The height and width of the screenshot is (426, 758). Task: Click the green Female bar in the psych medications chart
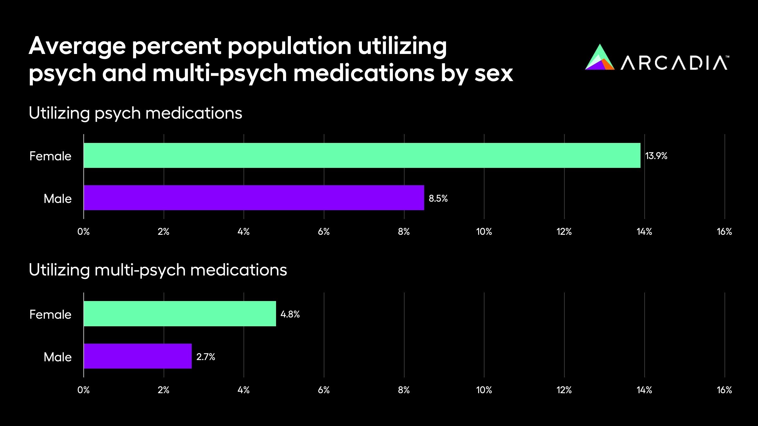tap(362, 155)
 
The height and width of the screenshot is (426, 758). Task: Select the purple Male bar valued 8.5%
tap(254, 198)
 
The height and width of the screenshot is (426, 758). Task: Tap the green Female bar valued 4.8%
tap(180, 314)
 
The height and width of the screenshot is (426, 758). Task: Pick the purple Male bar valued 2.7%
tap(138, 356)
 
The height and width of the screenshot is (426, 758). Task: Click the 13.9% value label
tap(656, 156)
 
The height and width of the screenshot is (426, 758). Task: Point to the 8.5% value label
tap(438, 198)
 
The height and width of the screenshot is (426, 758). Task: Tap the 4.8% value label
tap(290, 314)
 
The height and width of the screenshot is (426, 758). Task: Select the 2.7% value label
tap(206, 357)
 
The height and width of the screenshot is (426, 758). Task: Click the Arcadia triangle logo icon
tap(599, 58)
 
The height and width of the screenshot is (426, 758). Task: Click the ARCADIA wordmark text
tap(674, 63)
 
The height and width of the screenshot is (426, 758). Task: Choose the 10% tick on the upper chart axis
tap(484, 232)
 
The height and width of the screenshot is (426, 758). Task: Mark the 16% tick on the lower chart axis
tap(724, 390)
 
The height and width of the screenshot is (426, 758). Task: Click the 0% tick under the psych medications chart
tap(83, 232)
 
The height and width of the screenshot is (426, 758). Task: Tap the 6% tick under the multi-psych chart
tap(324, 390)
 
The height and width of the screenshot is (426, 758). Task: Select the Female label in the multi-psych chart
tap(50, 315)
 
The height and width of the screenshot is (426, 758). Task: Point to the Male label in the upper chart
tap(57, 199)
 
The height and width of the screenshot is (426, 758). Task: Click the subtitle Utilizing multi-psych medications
tap(158, 270)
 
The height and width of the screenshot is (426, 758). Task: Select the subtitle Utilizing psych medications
tap(135, 113)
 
